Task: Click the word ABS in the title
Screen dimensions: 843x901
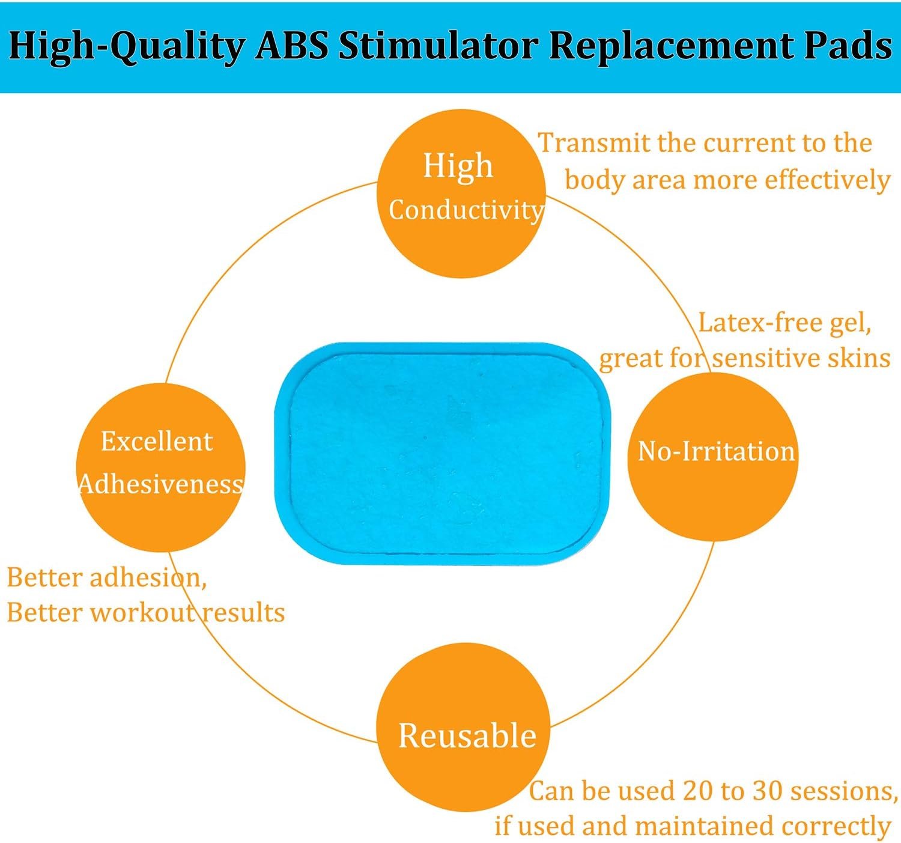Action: point(292,46)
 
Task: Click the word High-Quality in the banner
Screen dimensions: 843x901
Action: point(127,47)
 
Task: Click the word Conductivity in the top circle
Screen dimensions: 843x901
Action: point(466,210)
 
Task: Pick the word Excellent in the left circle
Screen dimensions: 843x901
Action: point(157,442)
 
